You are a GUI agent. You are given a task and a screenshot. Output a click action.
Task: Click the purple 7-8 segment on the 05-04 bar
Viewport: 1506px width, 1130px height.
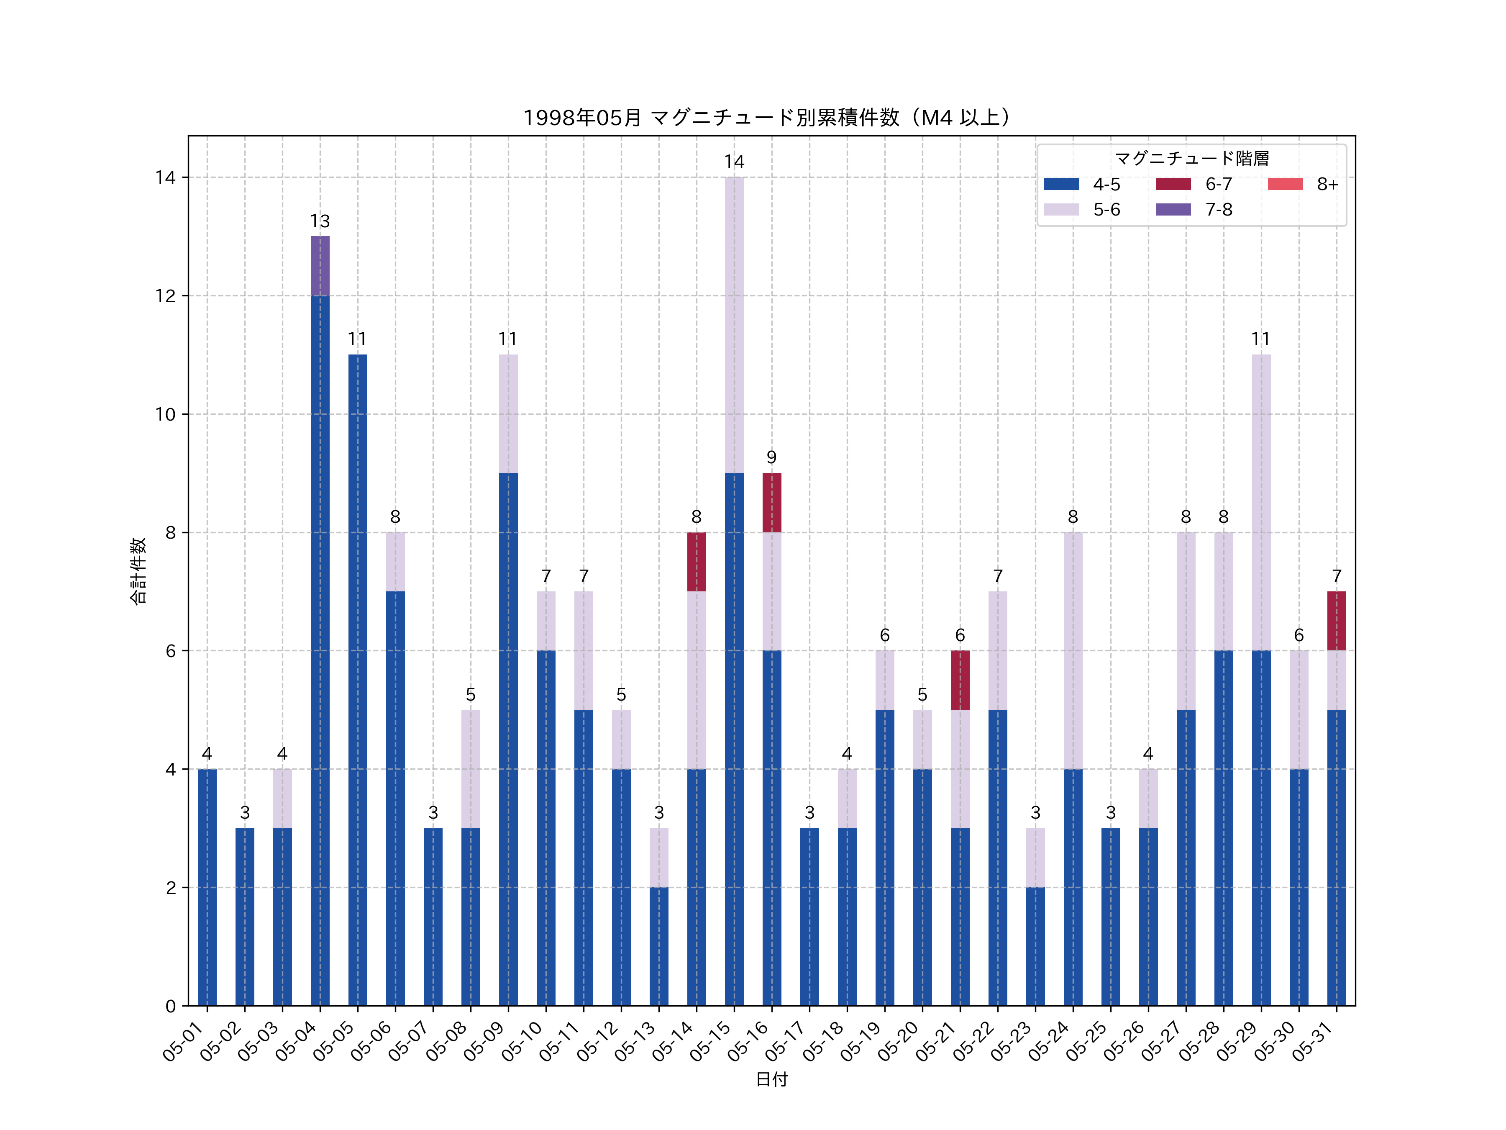point(320,266)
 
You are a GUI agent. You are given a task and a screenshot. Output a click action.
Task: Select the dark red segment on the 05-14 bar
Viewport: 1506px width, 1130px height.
point(697,562)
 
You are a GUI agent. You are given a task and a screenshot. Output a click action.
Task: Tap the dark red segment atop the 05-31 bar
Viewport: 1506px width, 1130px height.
point(1337,621)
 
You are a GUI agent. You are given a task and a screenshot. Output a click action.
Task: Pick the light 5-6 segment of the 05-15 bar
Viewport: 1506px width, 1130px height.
point(734,325)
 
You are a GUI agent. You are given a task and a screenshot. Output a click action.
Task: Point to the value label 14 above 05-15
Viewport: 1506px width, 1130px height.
point(734,162)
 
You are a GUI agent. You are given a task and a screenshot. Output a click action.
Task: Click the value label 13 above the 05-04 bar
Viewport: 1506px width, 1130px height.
point(320,221)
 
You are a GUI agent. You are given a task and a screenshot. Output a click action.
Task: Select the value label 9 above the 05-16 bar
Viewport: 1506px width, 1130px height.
point(771,457)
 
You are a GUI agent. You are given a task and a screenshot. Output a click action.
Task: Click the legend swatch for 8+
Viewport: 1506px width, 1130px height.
point(1285,184)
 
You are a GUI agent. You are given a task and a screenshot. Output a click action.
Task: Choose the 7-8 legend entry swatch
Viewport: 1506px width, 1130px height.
point(1173,210)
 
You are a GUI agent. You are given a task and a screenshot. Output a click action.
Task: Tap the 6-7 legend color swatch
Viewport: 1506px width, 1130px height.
point(1173,184)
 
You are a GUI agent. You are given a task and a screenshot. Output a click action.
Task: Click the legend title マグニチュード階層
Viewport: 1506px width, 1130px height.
point(1191,159)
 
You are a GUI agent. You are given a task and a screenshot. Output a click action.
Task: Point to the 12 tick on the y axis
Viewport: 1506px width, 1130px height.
point(165,295)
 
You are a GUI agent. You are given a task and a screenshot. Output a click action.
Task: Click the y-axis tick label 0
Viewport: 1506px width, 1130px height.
point(170,1006)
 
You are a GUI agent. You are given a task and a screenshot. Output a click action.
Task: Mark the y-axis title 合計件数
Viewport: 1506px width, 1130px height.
point(138,571)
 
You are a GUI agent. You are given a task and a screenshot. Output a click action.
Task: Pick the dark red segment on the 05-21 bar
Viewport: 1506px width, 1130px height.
point(960,680)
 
